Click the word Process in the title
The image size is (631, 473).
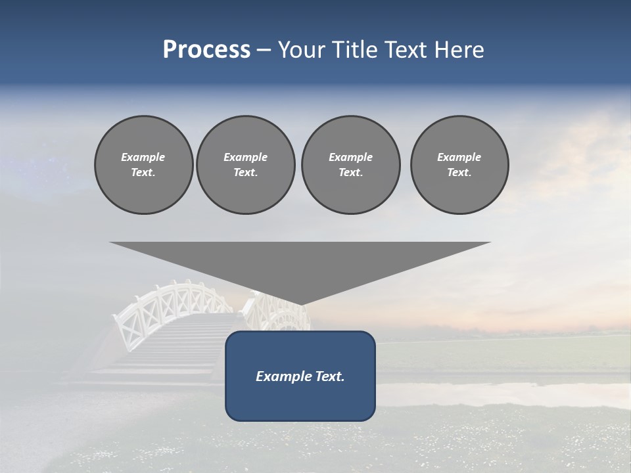point(206,50)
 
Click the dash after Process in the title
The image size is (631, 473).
point(264,51)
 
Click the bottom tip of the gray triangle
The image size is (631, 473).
point(300,303)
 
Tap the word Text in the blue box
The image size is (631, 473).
point(329,376)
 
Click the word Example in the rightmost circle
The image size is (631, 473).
point(459,157)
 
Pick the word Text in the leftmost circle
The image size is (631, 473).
point(143,172)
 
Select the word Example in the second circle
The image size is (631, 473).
point(246,157)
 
